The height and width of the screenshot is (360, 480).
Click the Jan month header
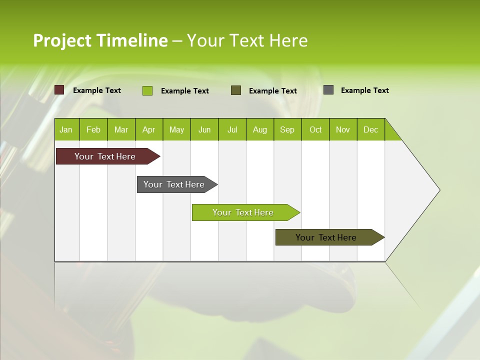pyautogui.click(x=66, y=129)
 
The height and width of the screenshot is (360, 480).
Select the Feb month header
pyautogui.click(x=93, y=129)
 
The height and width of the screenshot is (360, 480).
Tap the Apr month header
pyautogui.click(x=149, y=129)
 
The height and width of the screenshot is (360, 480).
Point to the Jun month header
pyautogui.click(x=204, y=129)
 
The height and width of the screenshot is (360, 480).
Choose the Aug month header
pyautogui.click(x=260, y=129)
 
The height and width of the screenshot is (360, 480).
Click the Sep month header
pyautogui.click(x=287, y=129)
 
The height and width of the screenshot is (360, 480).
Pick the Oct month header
pyautogui.click(x=315, y=129)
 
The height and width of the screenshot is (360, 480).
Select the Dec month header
pyautogui.click(x=371, y=129)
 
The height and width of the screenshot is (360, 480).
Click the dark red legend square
pyautogui.click(x=59, y=90)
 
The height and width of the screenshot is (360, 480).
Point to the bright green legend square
pyautogui.click(x=147, y=90)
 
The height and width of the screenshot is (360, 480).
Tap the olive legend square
pyautogui.click(x=236, y=90)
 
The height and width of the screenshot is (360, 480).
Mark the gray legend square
pyautogui.click(x=328, y=90)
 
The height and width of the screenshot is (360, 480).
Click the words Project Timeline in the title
pyautogui.click(x=100, y=40)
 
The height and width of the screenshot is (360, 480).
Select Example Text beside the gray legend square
pyautogui.click(x=365, y=90)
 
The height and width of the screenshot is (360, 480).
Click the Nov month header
pyautogui.click(x=343, y=129)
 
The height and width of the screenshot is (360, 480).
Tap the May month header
pyautogui.click(x=176, y=129)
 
